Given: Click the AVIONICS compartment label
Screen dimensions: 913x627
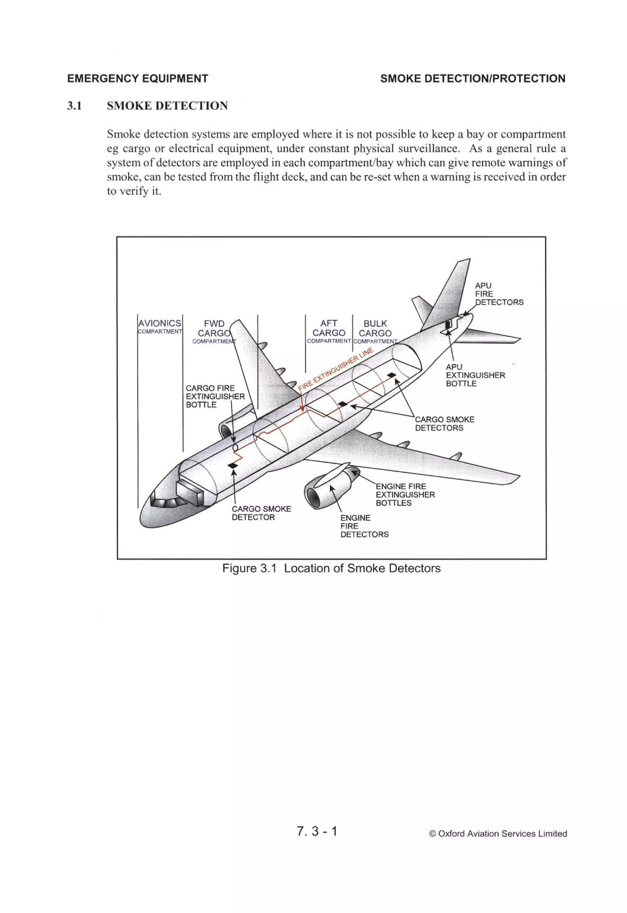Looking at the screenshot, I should coord(160,326).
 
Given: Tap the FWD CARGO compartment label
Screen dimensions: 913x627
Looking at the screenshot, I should coord(214,332).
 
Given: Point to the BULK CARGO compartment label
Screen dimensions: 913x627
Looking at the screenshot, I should coord(375,332).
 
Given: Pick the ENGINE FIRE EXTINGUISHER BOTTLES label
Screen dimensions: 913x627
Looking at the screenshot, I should coord(405,495).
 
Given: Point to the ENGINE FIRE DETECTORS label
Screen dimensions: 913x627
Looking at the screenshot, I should coord(364,526).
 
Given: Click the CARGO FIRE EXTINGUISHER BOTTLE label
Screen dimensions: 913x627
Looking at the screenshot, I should coord(215,396).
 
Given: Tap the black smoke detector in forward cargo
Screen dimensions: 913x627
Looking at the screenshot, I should coord(233,466).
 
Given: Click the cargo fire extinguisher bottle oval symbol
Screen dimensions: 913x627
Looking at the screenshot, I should coord(235,447).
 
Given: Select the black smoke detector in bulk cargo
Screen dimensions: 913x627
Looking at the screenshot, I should coord(391,375).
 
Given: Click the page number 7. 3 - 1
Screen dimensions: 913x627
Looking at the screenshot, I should coord(317,831).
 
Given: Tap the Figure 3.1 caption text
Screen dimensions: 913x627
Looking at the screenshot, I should coord(331,568).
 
